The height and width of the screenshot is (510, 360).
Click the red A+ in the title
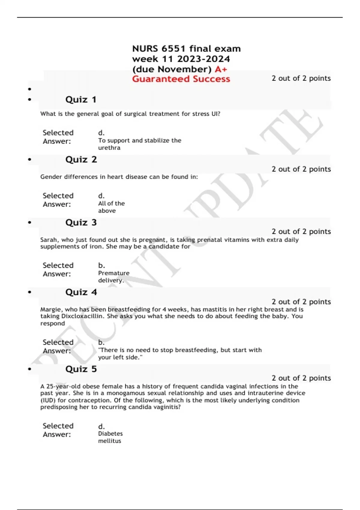coord(221,69)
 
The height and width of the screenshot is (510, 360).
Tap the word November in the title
coord(184,69)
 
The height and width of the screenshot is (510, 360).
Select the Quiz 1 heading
coord(81,100)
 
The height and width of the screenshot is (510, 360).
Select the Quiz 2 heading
coord(81,160)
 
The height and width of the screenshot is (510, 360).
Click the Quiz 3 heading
coord(81,223)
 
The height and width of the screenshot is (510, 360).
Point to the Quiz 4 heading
coord(81,292)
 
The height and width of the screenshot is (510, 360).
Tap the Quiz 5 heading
coord(81,369)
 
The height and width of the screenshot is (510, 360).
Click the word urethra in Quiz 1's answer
coord(109,148)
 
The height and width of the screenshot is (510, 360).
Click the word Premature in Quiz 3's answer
coord(114,273)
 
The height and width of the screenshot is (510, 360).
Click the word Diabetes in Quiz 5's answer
coord(110,434)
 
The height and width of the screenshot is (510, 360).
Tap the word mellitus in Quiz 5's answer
coord(109,441)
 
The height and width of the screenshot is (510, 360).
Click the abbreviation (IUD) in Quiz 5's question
coord(48,400)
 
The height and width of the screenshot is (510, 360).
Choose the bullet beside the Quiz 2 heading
coord(29,160)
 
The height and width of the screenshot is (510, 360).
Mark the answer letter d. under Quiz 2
coord(101,196)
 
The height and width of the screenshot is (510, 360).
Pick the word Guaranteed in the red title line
coord(161,79)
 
